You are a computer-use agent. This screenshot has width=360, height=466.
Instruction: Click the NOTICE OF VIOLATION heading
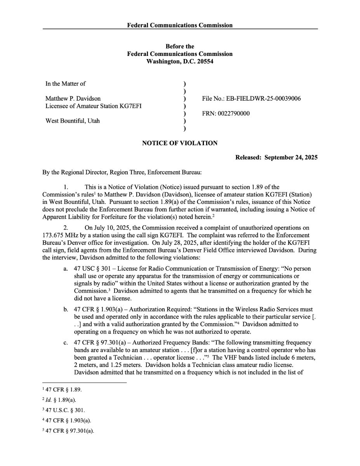(x=180, y=143)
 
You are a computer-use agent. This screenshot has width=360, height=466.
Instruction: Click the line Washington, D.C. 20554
(x=180, y=61)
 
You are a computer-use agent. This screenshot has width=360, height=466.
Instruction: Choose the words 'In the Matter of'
(x=66, y=83)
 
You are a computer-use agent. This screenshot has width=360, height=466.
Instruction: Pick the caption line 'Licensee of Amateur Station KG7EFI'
(x=93, y=106)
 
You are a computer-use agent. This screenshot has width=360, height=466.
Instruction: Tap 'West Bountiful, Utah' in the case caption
(x=73, y=121)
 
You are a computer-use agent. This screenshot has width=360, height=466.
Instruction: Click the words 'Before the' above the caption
(x=180, y=47)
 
